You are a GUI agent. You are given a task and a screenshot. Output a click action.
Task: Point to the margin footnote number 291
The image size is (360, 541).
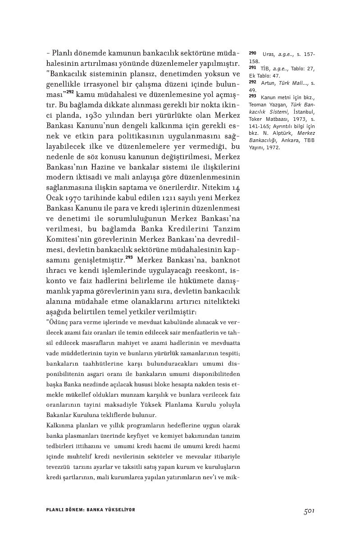[x=252, y=68]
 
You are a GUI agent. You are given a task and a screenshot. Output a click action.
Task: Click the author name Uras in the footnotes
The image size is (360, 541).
[x=269, y=54]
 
